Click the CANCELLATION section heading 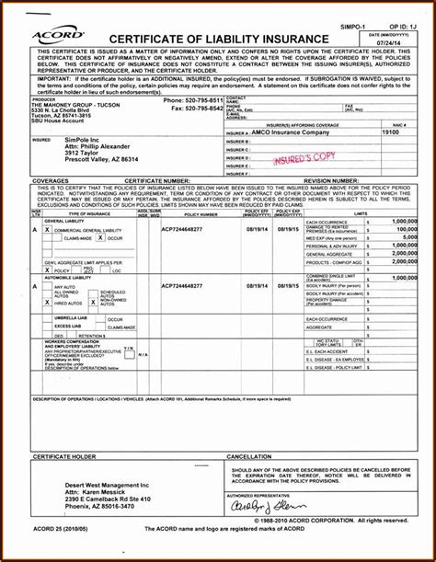click(x=249, y=457)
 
